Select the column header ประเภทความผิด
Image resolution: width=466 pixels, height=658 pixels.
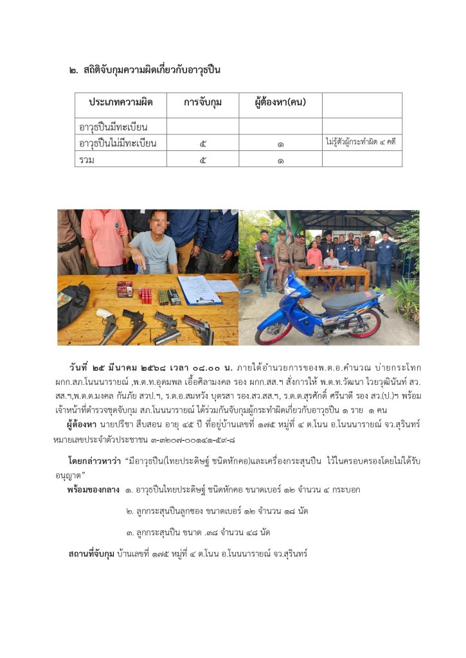[x=120, y=103]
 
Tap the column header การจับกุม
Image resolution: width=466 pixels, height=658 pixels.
[x=202, y=103]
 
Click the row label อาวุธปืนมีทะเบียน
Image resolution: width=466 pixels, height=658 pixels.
[x=113, y=127]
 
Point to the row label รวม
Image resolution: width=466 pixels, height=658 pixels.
[x=85, y=159]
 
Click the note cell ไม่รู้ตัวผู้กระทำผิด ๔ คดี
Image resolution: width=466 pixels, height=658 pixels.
[x=361, y=142]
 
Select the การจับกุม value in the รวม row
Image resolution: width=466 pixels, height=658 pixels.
[x=202, y=160]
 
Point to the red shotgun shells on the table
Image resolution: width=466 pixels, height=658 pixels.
[x=146, y=296]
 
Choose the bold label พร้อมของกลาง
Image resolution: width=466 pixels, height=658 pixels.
[x=93, y=490]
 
